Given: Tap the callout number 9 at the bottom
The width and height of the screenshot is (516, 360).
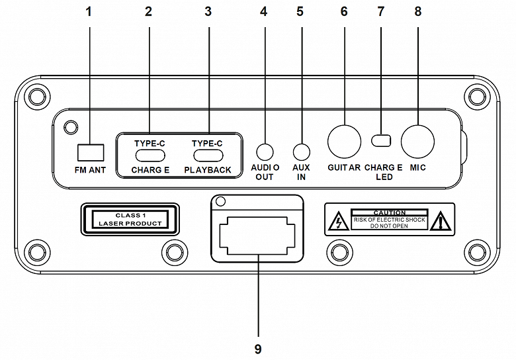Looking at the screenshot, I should (257, 347).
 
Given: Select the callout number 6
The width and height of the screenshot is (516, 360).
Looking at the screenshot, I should (343, 12).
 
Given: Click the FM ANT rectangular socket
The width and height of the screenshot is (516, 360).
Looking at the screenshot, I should (91, 152).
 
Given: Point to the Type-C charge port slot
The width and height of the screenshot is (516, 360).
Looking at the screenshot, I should (151, 156).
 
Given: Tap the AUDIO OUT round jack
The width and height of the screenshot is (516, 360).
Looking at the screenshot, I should (265, 152).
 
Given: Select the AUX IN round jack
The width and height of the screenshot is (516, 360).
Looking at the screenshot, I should (301, 152).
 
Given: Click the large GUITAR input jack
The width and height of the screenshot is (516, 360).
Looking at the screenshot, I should (345, 140).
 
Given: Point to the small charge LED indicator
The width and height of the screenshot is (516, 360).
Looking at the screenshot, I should (380, 140).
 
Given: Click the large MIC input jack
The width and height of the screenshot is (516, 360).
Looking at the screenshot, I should (417, 140).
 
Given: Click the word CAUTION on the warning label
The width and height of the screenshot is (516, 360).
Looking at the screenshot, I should (390, 213).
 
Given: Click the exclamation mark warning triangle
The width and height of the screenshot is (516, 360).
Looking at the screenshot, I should (439, 223).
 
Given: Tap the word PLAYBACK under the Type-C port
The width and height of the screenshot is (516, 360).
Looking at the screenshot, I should (208, 170).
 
